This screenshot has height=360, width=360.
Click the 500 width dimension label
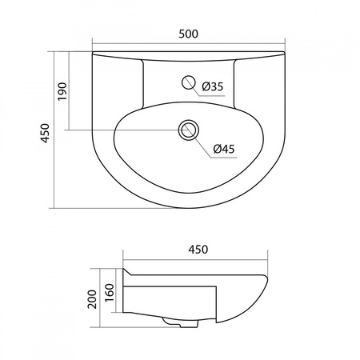pyautogui.click(x=188, y=34)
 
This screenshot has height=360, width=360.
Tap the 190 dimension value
pyautogui.click(x=62, y=91)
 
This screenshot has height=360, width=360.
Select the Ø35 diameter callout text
pyautogui.click(x=212, y=86)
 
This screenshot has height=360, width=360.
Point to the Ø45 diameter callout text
pyautogui.click(x=224, y=149)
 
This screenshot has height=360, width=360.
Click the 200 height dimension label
pyautogui.click(x=92, y=299)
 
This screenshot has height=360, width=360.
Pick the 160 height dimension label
pyautogui.click(x=110, y=293)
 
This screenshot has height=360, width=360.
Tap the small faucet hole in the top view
pyautogui.click(x=189, y=82)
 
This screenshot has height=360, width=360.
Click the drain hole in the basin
pyautogui.click(x=189, y=130)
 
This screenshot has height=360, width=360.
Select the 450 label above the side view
pyautogui.click(x=198, y=250)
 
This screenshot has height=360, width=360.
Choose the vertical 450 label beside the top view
pyautogui.click(x=46, y=133)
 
